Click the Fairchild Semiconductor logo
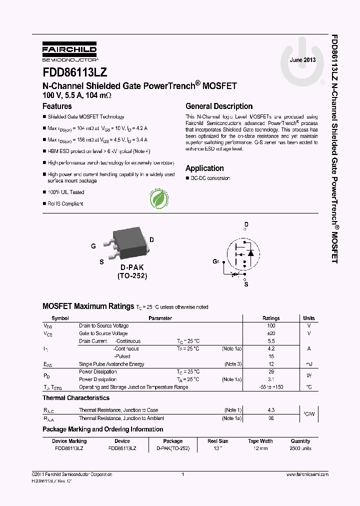click(x=69, y=51)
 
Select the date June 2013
click(x=302, y=60)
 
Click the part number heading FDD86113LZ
click(x=74, y=72)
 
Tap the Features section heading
click(x=57, y=106)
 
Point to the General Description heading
click(x=219, y=106)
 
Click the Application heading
click(x=204, y=168)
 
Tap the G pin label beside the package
click(x=93, y=246)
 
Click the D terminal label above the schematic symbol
click(x=246, y=224)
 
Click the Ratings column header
click(x=271, y=318)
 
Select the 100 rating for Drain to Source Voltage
click(x=271, y=325)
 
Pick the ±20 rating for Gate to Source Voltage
click(x=271, y=333)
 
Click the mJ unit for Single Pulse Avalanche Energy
click(x=309, y=364)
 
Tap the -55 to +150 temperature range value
click(x=271, y=387)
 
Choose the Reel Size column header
click(x=217, y=441)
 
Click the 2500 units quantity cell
click(x=300, y=448)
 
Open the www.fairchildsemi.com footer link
click(x=307, y=474)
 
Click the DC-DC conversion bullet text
click(x=210, y=178)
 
